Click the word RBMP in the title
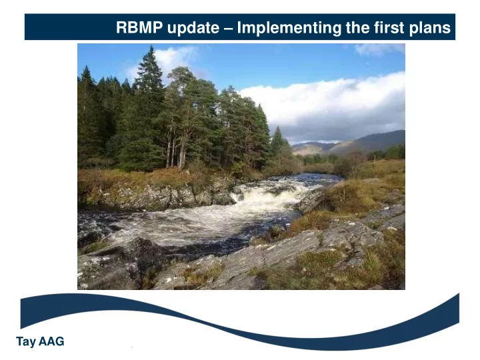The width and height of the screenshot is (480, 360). (139, 27)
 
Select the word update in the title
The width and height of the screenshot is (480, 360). (193, 28)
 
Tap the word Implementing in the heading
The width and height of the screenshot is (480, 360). (289, 28)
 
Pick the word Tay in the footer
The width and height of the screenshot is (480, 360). (26, 341)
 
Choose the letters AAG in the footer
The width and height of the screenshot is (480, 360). (51, 341)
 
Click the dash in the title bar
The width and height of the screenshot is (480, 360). (228, 29)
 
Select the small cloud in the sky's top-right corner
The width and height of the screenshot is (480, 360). (379, 49)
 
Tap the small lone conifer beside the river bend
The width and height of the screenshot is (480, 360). (278, 141)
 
